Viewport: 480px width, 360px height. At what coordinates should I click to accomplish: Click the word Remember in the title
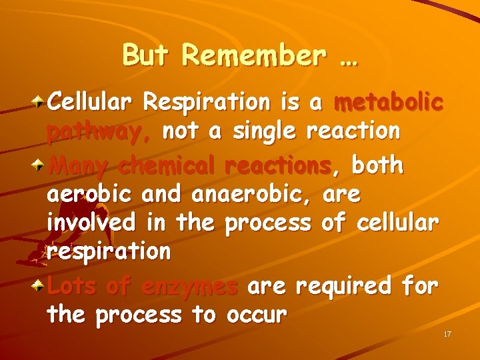click(255, 56)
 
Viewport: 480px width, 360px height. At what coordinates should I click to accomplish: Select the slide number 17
click(447, 333)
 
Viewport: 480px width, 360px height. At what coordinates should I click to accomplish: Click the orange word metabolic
click(388, 103)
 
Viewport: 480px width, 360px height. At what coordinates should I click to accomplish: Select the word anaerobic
click(251, 195)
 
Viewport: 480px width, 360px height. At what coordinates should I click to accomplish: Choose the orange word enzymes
click(189, 287)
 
